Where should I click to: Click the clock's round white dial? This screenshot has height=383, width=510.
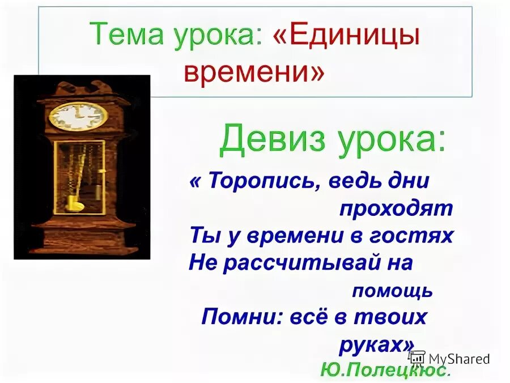[x=78, y=116]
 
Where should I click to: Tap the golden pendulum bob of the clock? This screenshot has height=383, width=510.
[x=73, y=202]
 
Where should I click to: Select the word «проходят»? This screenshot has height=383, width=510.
[x=396, y=209]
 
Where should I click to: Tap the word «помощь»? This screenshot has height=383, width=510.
[x=392, y=291]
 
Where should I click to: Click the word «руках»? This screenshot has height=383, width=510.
[x=375, y=344]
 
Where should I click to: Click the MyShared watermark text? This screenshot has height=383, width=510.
[x=459, y=359]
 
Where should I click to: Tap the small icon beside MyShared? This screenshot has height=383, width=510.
[x=417, y=358]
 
